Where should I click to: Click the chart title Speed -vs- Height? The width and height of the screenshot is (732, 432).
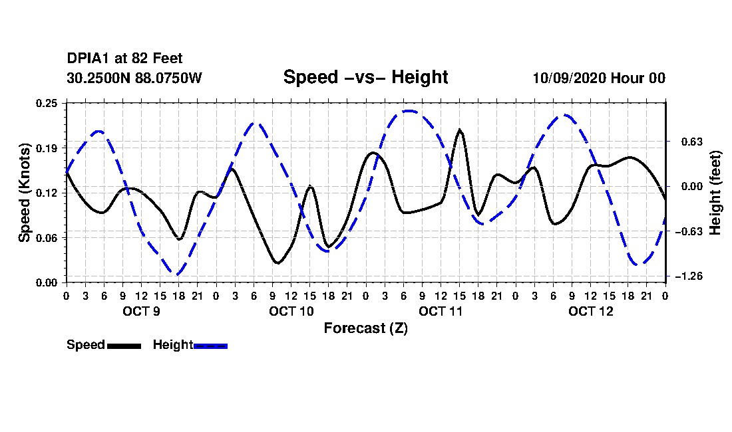pyautogui.click(x=365, y=77)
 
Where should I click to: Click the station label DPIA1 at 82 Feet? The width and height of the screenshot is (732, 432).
pyautogui.click(x=124, y=58)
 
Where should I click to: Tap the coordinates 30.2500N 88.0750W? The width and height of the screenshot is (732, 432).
pyautogui.click(x=134, y=78)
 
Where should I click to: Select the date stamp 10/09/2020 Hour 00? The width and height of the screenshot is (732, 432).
pyautogui.click(x=599, y=78)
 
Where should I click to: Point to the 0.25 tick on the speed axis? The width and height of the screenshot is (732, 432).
pyautogui.click(x=47, y=103)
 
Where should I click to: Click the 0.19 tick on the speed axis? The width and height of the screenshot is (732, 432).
pyautogui.click(x=47, y=148)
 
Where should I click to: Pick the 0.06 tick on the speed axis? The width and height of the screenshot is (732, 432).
pyautogui.click(x=47, y=238)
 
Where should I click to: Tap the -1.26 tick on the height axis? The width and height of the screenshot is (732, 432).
pyautogui.click(x=689, y=276)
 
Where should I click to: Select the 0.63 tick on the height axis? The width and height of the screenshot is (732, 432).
pyautogui.click(x=692, y=142)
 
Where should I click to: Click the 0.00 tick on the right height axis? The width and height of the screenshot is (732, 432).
pyautogui.click(x=692, y=186)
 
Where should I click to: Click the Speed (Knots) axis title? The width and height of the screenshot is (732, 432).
pyautogui.click(x=24, y=193)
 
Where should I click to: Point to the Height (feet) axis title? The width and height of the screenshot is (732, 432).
pyautogui.click(x=715, y=193)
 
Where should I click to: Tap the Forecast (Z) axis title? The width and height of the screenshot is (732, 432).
pyautogui.click(x=366, y=328)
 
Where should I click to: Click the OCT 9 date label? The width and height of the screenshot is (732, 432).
pyautogui.click(x=142, y=311)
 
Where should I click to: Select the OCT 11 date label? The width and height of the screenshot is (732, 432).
pyautogui.click(x=441, y=311)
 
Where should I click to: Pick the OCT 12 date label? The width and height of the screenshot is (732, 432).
pyautogui.click(x=590, y=311)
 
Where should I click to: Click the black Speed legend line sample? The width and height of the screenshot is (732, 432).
pyautogui.click(x=124, y=346)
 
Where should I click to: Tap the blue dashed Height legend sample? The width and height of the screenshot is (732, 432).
pyautogui.click(x=210, y=346)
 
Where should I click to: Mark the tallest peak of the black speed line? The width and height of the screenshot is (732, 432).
pyautogui.click(x=460, y=130)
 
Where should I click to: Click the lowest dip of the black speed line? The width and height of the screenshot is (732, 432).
pyautogui.click(x=277, y=263)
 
